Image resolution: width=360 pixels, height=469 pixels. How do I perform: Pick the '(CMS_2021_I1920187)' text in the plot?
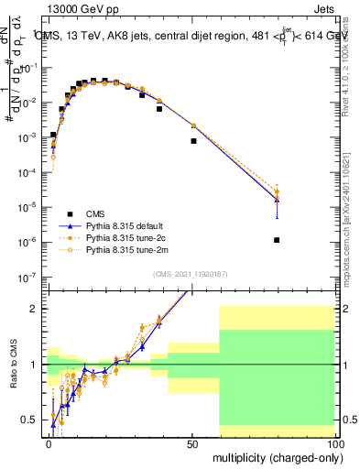click(191, 274)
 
